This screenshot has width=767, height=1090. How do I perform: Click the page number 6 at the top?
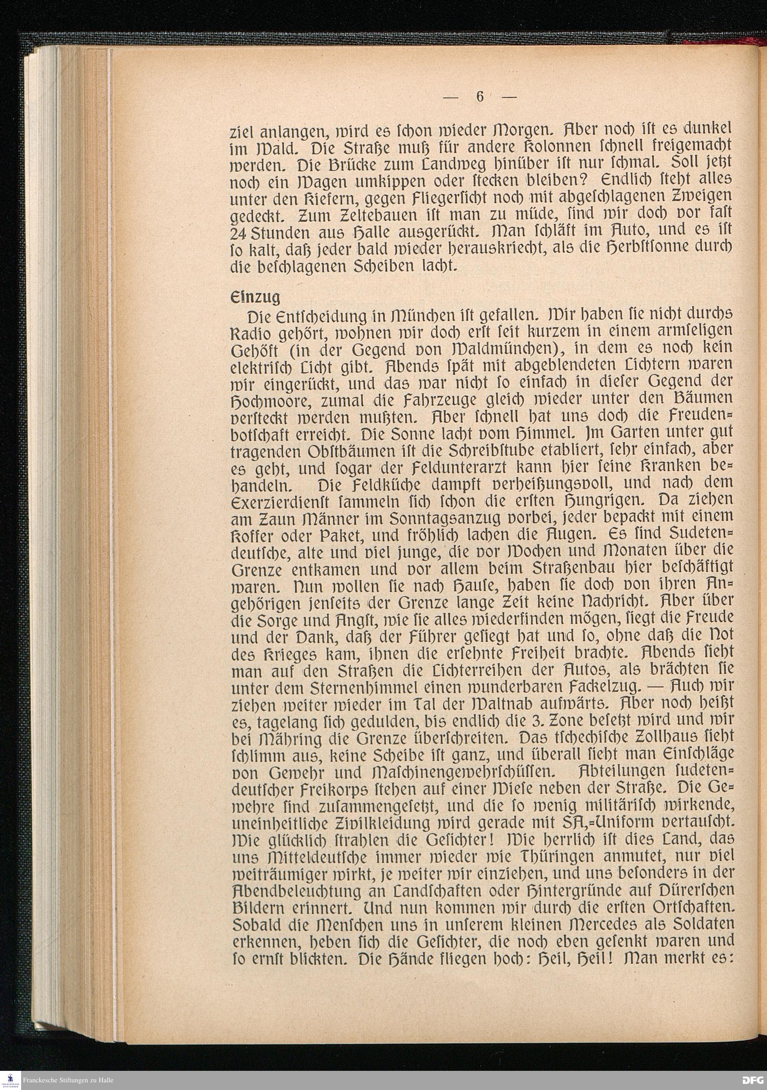click(479, 97)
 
